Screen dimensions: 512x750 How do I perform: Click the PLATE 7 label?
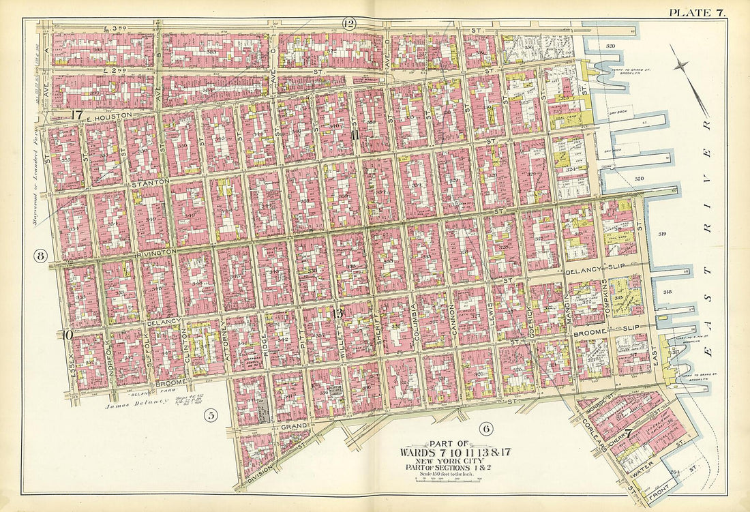696,12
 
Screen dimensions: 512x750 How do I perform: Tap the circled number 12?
349,24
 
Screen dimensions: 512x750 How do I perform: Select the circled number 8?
41,257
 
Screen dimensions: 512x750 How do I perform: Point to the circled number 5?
212,415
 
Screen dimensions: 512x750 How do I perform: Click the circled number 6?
485,429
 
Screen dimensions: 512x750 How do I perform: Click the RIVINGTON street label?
161,251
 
